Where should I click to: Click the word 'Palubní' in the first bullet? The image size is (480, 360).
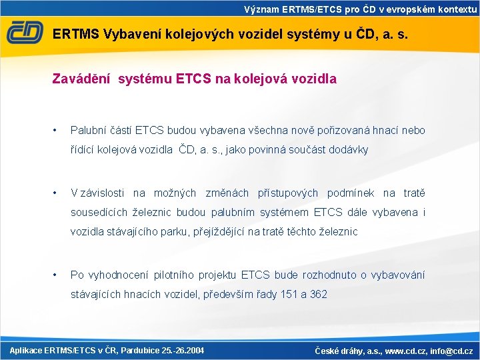(87, 130)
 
